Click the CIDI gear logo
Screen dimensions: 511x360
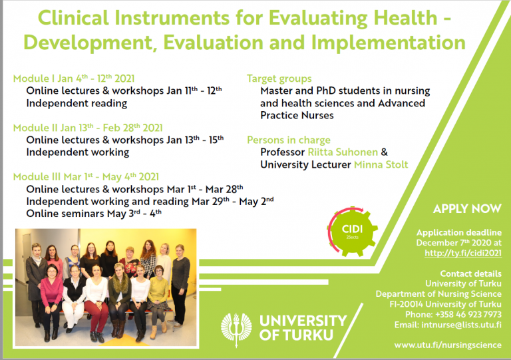352,231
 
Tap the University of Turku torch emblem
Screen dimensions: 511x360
236,329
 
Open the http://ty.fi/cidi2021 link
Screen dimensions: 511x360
463,253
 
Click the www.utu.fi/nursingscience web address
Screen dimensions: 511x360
448,345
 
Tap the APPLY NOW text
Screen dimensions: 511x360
467,209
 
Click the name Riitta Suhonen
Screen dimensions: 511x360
343,152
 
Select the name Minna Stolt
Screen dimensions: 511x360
381,164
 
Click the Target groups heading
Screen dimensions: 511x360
279,79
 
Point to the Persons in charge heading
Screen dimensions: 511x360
288,140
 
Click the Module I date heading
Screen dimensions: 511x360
74,79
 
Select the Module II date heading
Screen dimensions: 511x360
88,128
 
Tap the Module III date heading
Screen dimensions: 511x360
86,177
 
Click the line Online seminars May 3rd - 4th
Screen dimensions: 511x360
94,214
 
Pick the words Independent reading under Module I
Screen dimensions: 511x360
77,103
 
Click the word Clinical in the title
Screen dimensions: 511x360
73,18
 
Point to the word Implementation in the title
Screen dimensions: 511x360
388,43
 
